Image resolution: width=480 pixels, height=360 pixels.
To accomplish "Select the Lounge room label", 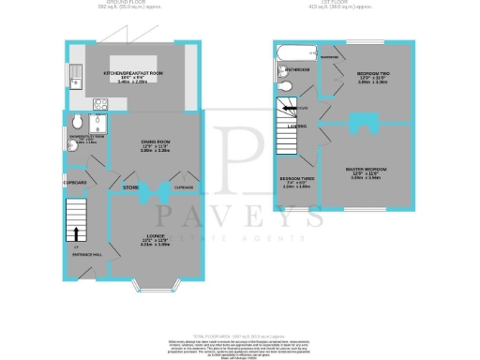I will click(155, 234).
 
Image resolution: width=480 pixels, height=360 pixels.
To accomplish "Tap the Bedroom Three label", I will click(297, 178).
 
